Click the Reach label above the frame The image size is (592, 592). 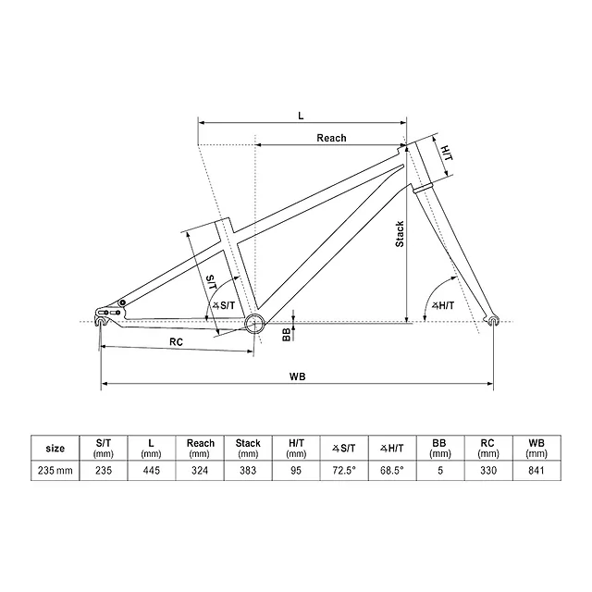pos(331,138)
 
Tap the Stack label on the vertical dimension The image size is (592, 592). pos(400,234)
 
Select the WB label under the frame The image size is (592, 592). pos(298,376)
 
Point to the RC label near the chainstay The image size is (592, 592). pos(176,342)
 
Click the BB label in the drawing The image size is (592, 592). pos(287,335)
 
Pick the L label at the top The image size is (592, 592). pos(301,116)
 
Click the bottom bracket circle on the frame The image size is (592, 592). pos(254,323)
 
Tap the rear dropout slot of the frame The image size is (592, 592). pos(101,321)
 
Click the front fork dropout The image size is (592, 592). pos(493,321)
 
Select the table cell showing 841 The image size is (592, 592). pos(536,471)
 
